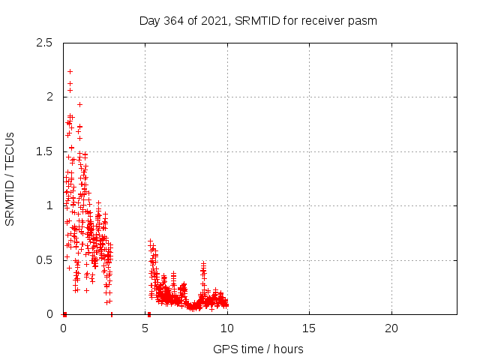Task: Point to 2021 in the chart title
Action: [x=217, y=20]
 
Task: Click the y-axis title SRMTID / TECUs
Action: [x=10, y=178]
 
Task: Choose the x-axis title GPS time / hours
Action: [x=258, y=349]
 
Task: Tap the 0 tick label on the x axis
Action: [x=63, y=328]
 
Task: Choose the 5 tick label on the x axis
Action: [x=145, y=328]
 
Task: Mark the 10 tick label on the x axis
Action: [x=226, y=328]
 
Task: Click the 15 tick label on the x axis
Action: [x=309, y=328]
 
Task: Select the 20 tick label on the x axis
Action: [x=391, y=328]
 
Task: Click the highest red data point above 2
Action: [x=70, y=71]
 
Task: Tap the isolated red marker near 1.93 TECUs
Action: [x=79, y=104]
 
